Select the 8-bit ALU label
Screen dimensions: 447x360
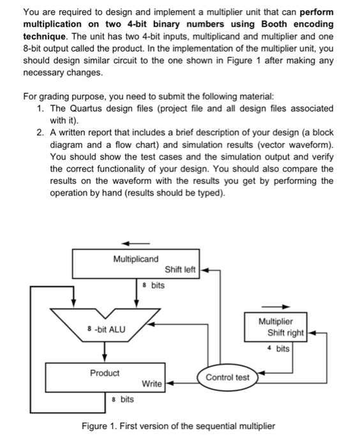pyautogui.click(x=106, y=330)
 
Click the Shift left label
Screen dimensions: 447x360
pyautogui.click(x=181, y=269)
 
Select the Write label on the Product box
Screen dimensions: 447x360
pyautogui.click(x=152, y=384)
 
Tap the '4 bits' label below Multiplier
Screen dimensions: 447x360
pyautogui.click(x=280, y=349)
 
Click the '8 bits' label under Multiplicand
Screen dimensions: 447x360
pyautogui.click(x=154, y=285)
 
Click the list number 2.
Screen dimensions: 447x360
pyautogui.click(x=40, y=132)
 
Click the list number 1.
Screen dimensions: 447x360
pyautogui.click(x=40, y=107)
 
